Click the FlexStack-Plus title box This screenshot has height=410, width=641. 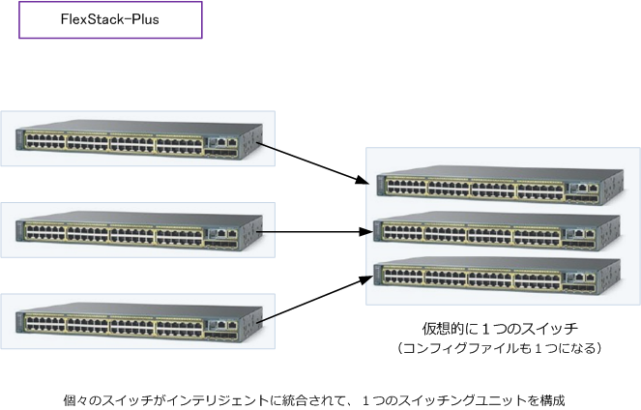[x=110, y=20]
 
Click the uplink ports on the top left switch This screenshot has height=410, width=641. [x=225, y=142]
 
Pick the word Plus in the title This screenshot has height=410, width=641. [x=140, y=20]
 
